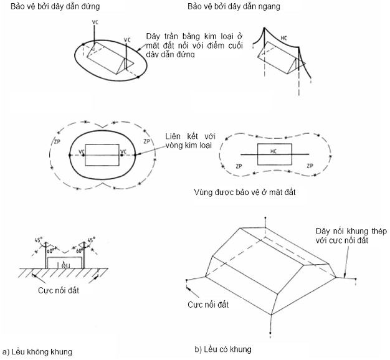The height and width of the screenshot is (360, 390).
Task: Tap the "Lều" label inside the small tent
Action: (x=63, y=264)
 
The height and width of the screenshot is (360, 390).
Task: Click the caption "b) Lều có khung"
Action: (x=222, y=349)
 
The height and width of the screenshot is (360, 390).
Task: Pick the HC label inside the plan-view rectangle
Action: (x=273, y=152)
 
